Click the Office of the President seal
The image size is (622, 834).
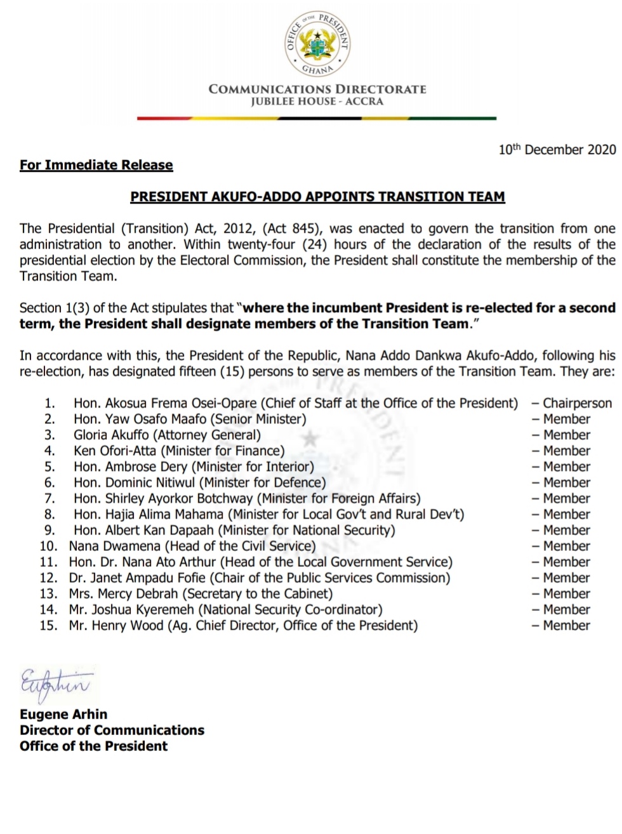(317, 43)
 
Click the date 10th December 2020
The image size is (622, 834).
(557, 150)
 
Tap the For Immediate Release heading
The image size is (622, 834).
(96, 165)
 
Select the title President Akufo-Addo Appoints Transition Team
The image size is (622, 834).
(317, 197)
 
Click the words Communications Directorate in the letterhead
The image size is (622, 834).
(317, 89)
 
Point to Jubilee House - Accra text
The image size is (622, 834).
(317, 102)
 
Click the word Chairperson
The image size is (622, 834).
(577, 404)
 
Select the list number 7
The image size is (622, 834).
(50, 499)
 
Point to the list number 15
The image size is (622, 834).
(48, 626)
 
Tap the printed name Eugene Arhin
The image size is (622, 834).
(63, 714)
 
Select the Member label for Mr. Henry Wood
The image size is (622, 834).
(566, 626)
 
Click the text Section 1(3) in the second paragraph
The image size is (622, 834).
(54, 308)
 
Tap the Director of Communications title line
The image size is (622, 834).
(112, 730)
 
